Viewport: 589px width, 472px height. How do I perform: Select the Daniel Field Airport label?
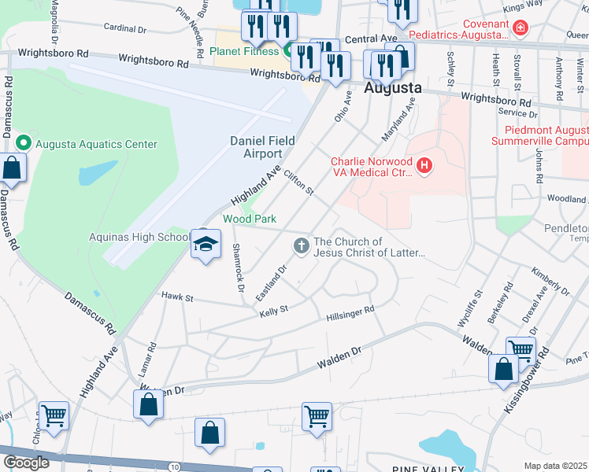coord(261,147)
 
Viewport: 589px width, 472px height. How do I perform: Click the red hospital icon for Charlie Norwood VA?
coord(425,166)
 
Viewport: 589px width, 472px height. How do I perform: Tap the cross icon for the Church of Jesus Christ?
coord(300,247)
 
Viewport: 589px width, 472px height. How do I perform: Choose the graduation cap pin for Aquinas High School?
coord(205,245)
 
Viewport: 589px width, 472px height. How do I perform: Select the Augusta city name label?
coord(393,88)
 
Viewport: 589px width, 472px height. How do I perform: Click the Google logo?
coord(26,462)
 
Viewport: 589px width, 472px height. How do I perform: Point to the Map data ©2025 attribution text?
coord(555,466)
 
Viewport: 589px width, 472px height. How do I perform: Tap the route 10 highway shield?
coord(174,466)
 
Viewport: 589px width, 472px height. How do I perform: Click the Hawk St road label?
coord(177,297)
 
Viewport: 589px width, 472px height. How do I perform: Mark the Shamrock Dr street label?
coord(237,264)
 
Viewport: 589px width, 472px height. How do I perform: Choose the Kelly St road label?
coord(274,312)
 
